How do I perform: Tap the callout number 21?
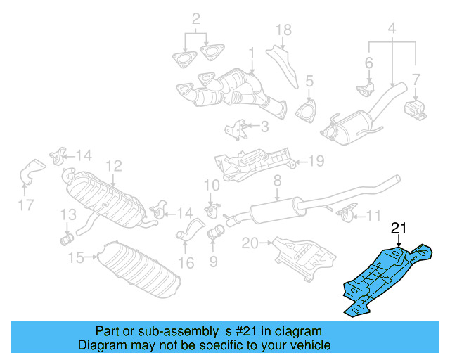(x=399, y=228)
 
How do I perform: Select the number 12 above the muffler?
(x=114, y=166)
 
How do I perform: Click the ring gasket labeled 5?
(x=307, y=112)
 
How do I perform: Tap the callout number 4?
(x=392, y=29)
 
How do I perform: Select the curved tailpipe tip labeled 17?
(x=32, y=171)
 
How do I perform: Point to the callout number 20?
(x=250, y=243)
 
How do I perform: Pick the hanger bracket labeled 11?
(x=344, y=212)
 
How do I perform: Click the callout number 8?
(x=277, y=181)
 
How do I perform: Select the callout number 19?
(x=316, y=162)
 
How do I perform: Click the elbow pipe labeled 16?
(x=191, y=232)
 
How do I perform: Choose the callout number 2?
(x=196, y=18)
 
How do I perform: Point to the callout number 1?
(x=251, y=53)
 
